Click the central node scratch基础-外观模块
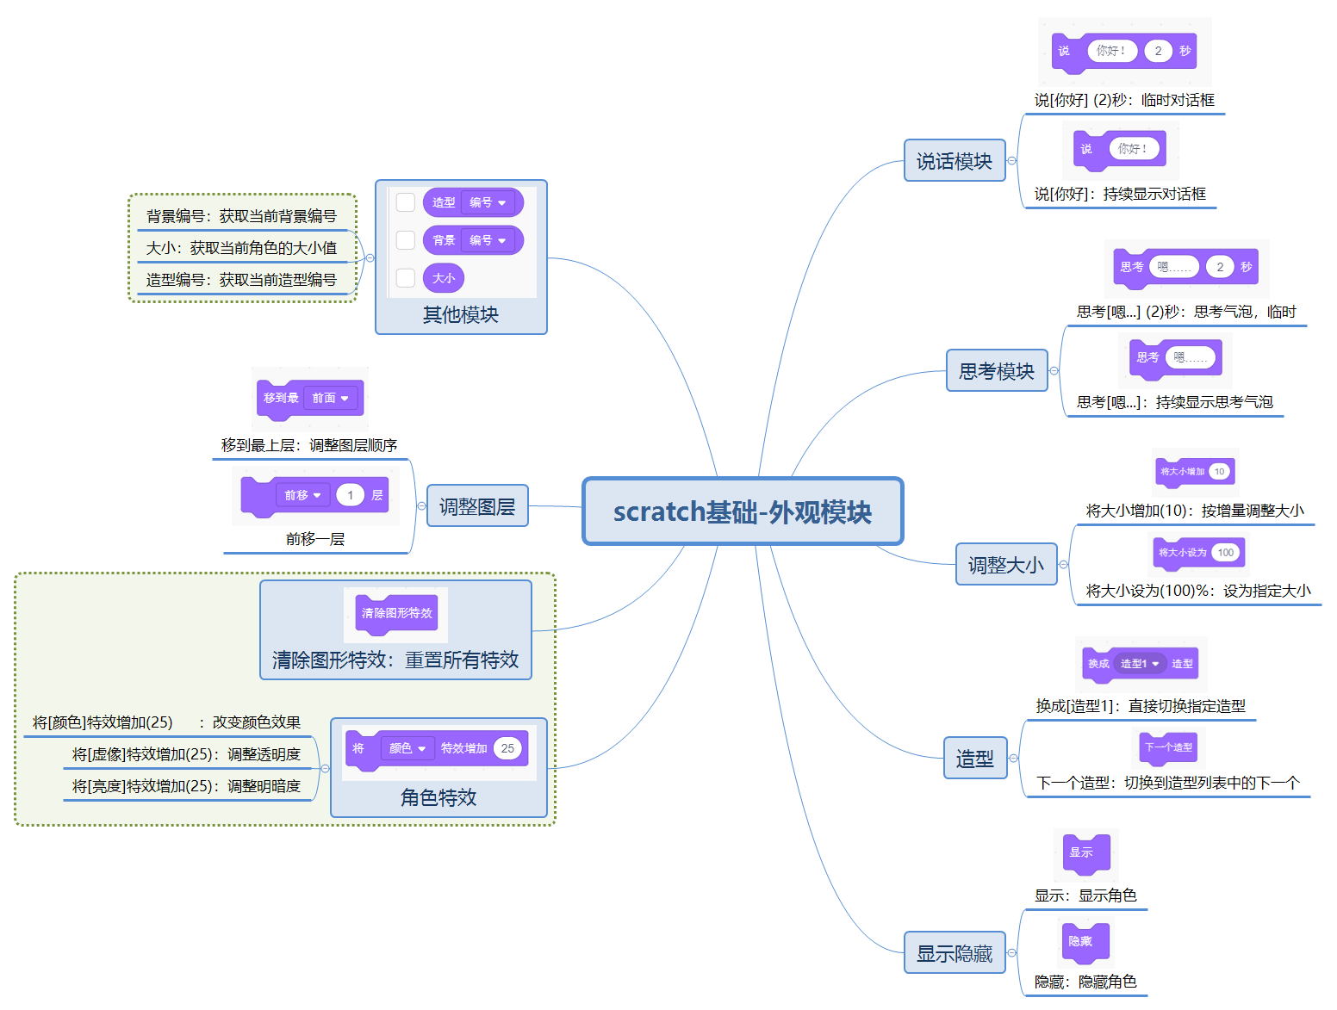click(x=743, y=511)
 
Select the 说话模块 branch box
click(x=955, y=161)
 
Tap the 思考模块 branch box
click(x=997, y=371)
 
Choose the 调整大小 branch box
click(x=1006, y=565)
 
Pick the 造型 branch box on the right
click(x=975, y=759)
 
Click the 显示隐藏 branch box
click(x=955, y=953)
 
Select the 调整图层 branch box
click(x=477, y=506)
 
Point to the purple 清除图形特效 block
click(x=396, y=613)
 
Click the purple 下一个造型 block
click(x=1168, y=747)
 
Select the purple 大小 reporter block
click(x=444, y=278)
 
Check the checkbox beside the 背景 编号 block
click(x=406, y=240)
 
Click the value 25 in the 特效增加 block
click(x=507, y=748)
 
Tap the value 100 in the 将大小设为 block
click(x=1225, y=553)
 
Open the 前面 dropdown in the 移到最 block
click(x=331, y=398)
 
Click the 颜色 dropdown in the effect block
click(x=407, y=748)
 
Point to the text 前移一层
click(x=315, y=539)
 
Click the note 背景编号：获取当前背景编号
click(x=241, y=216)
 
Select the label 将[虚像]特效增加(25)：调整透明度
click(x=186, y=754)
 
